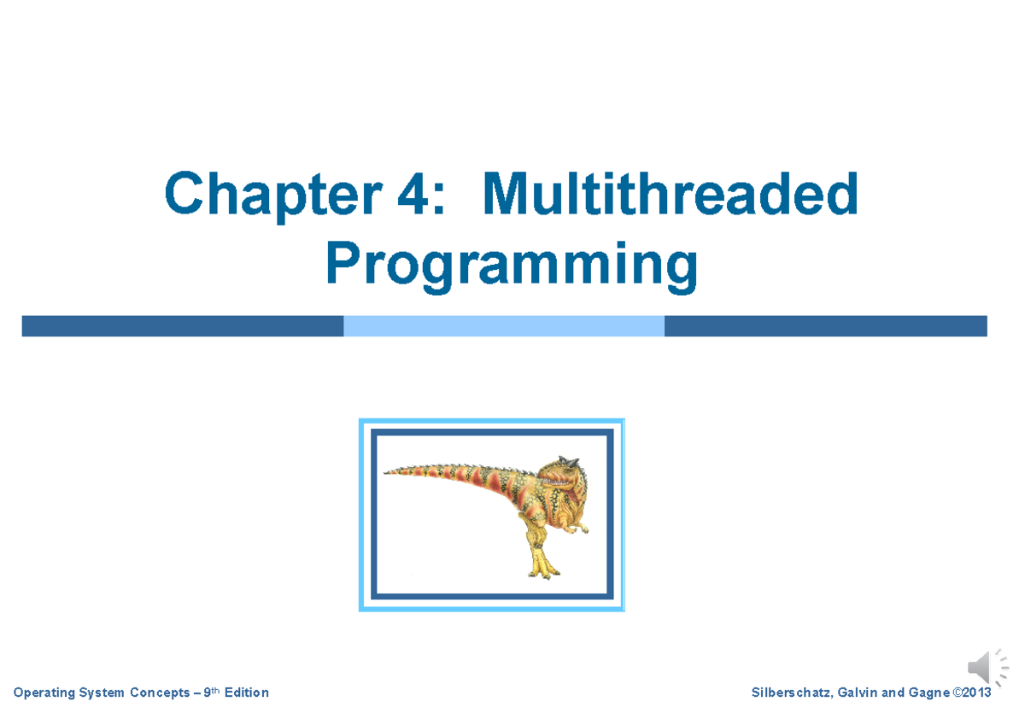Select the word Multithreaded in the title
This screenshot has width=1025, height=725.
pyautogui.click(x=670, y=195)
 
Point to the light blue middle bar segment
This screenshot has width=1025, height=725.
pyautogui.click(x=504, y=325)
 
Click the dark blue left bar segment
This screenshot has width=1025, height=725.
pyautogui.click(x=182, y=325)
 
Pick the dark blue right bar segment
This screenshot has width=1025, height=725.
pyautogui.click(x=825, y=325)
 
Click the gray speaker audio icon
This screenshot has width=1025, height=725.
pyautogui.click(x=985, y=667)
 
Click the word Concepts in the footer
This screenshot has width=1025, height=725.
pyautogui.click(x=159, y=693)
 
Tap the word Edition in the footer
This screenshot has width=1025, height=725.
pyautogui.click(x=246, y=693)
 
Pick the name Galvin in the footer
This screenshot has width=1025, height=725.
pyautogui.click(x=857, y=693)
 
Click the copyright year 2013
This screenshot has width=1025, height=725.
pyautogui.click(x=976, y=693)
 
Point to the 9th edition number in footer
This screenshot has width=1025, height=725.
pyautogui.click(x=208, y=692)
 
